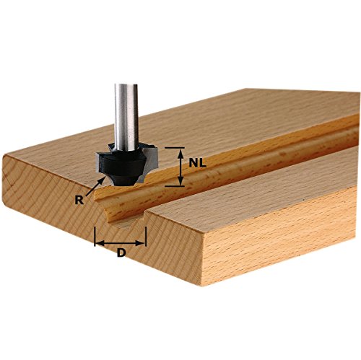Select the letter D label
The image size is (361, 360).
click(121, 253)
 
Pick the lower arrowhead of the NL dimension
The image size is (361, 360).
click(177, 182)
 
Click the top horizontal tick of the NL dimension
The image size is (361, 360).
click(177, 147)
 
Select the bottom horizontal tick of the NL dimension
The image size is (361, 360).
click(177, 186)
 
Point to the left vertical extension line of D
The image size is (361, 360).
click(95, 237)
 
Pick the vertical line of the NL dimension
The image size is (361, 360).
click(177, 167)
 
